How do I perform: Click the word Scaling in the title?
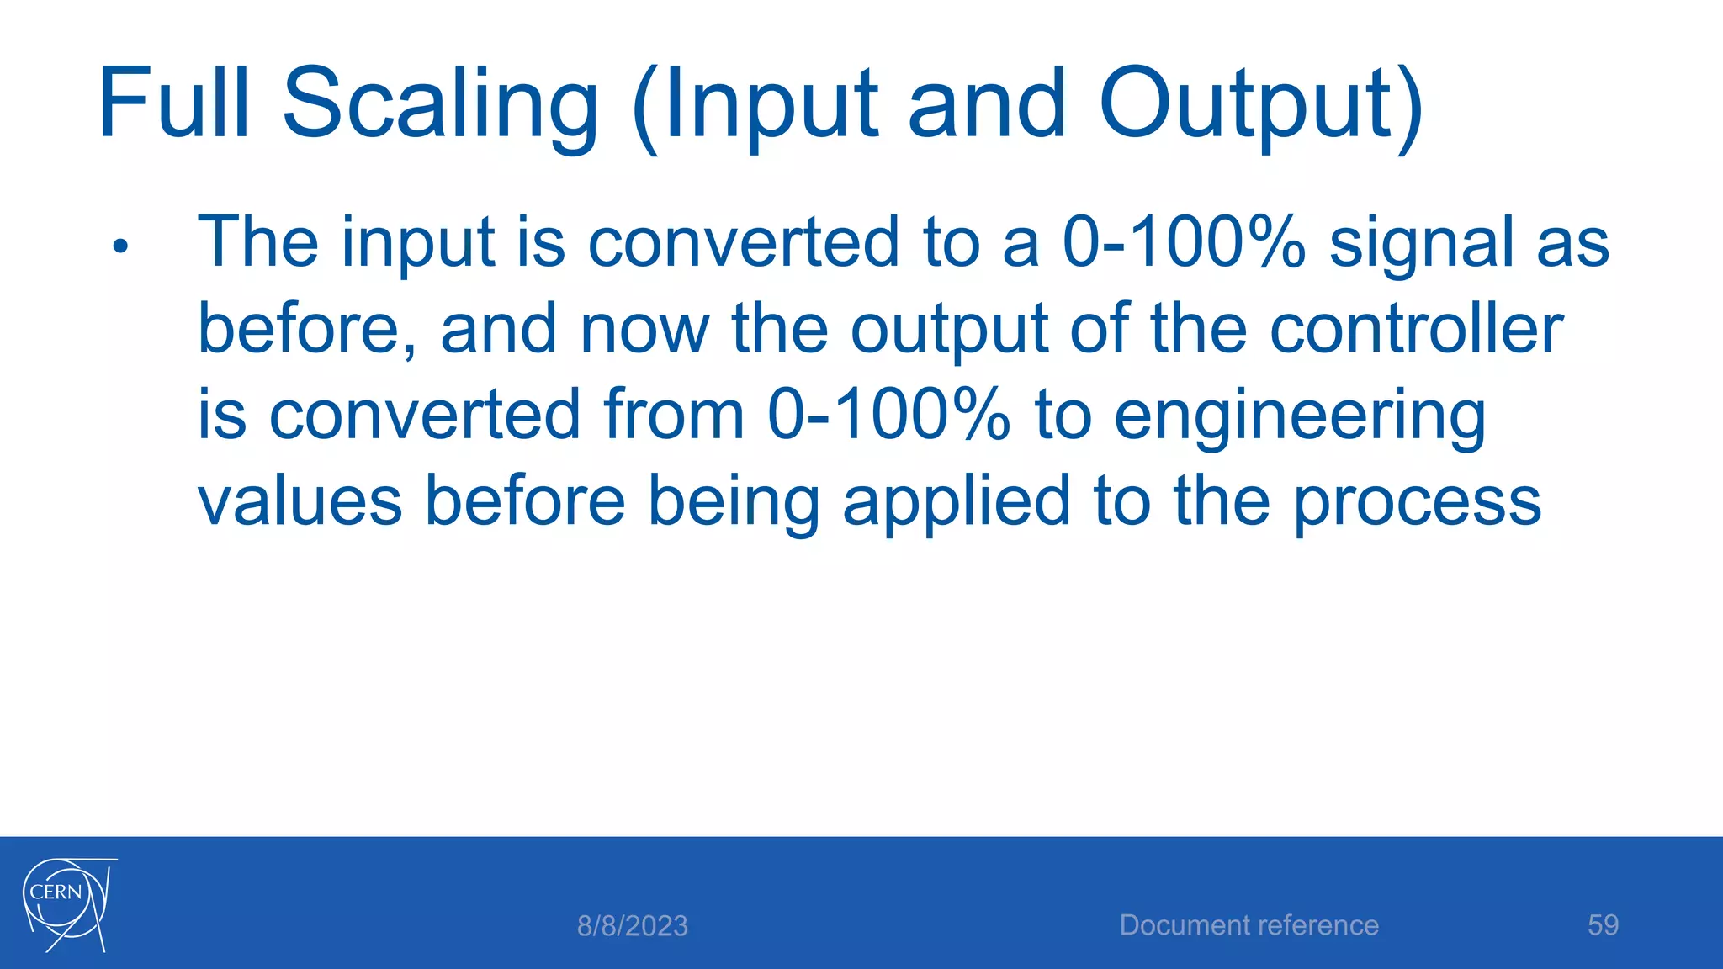[440, 105]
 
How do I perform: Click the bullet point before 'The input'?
[120, 246]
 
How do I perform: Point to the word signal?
[1421, 244]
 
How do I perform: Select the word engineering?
[1300, 417]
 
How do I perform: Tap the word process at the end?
[1417, 503]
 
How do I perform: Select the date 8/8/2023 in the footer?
[632, 926]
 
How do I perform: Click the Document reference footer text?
[1249, 925]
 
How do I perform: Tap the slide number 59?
[1603, 925]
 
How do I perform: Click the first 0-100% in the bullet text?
[1184, 243]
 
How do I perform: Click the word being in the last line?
[733, 503]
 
